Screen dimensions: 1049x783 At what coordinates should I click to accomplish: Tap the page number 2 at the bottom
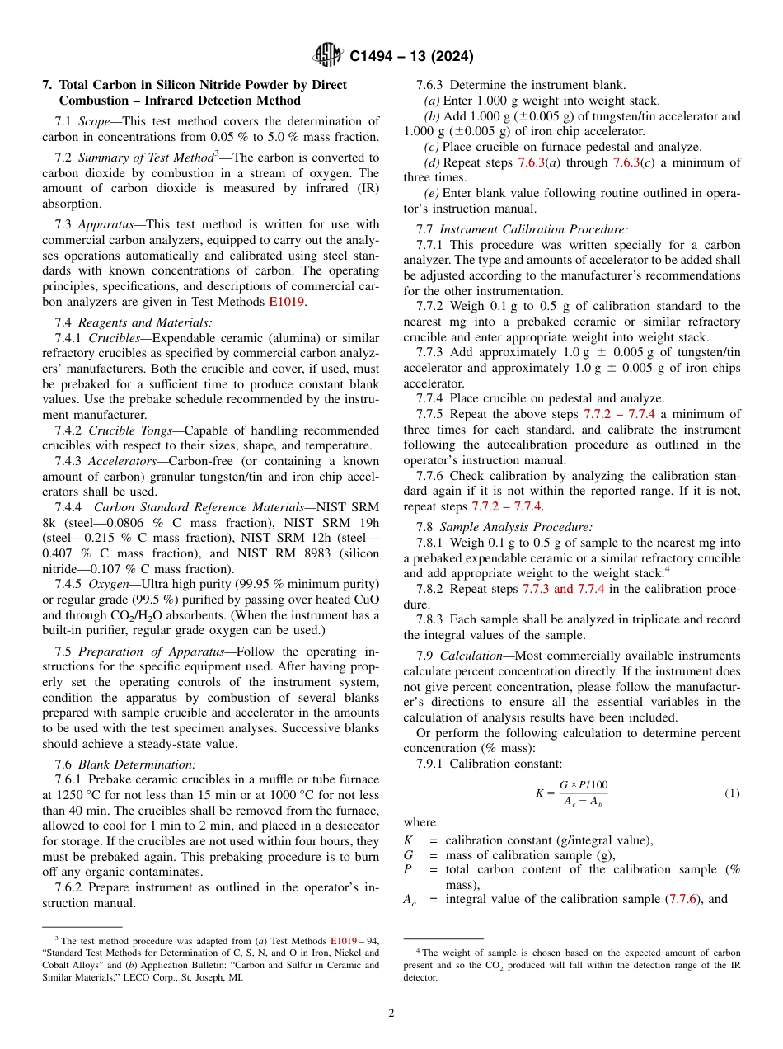(391, 1014)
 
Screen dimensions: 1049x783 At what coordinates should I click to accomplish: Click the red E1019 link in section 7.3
(286, 302)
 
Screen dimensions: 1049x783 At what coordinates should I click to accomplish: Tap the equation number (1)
(733, 793)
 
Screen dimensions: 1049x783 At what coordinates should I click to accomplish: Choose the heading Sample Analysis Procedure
(515, 527)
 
